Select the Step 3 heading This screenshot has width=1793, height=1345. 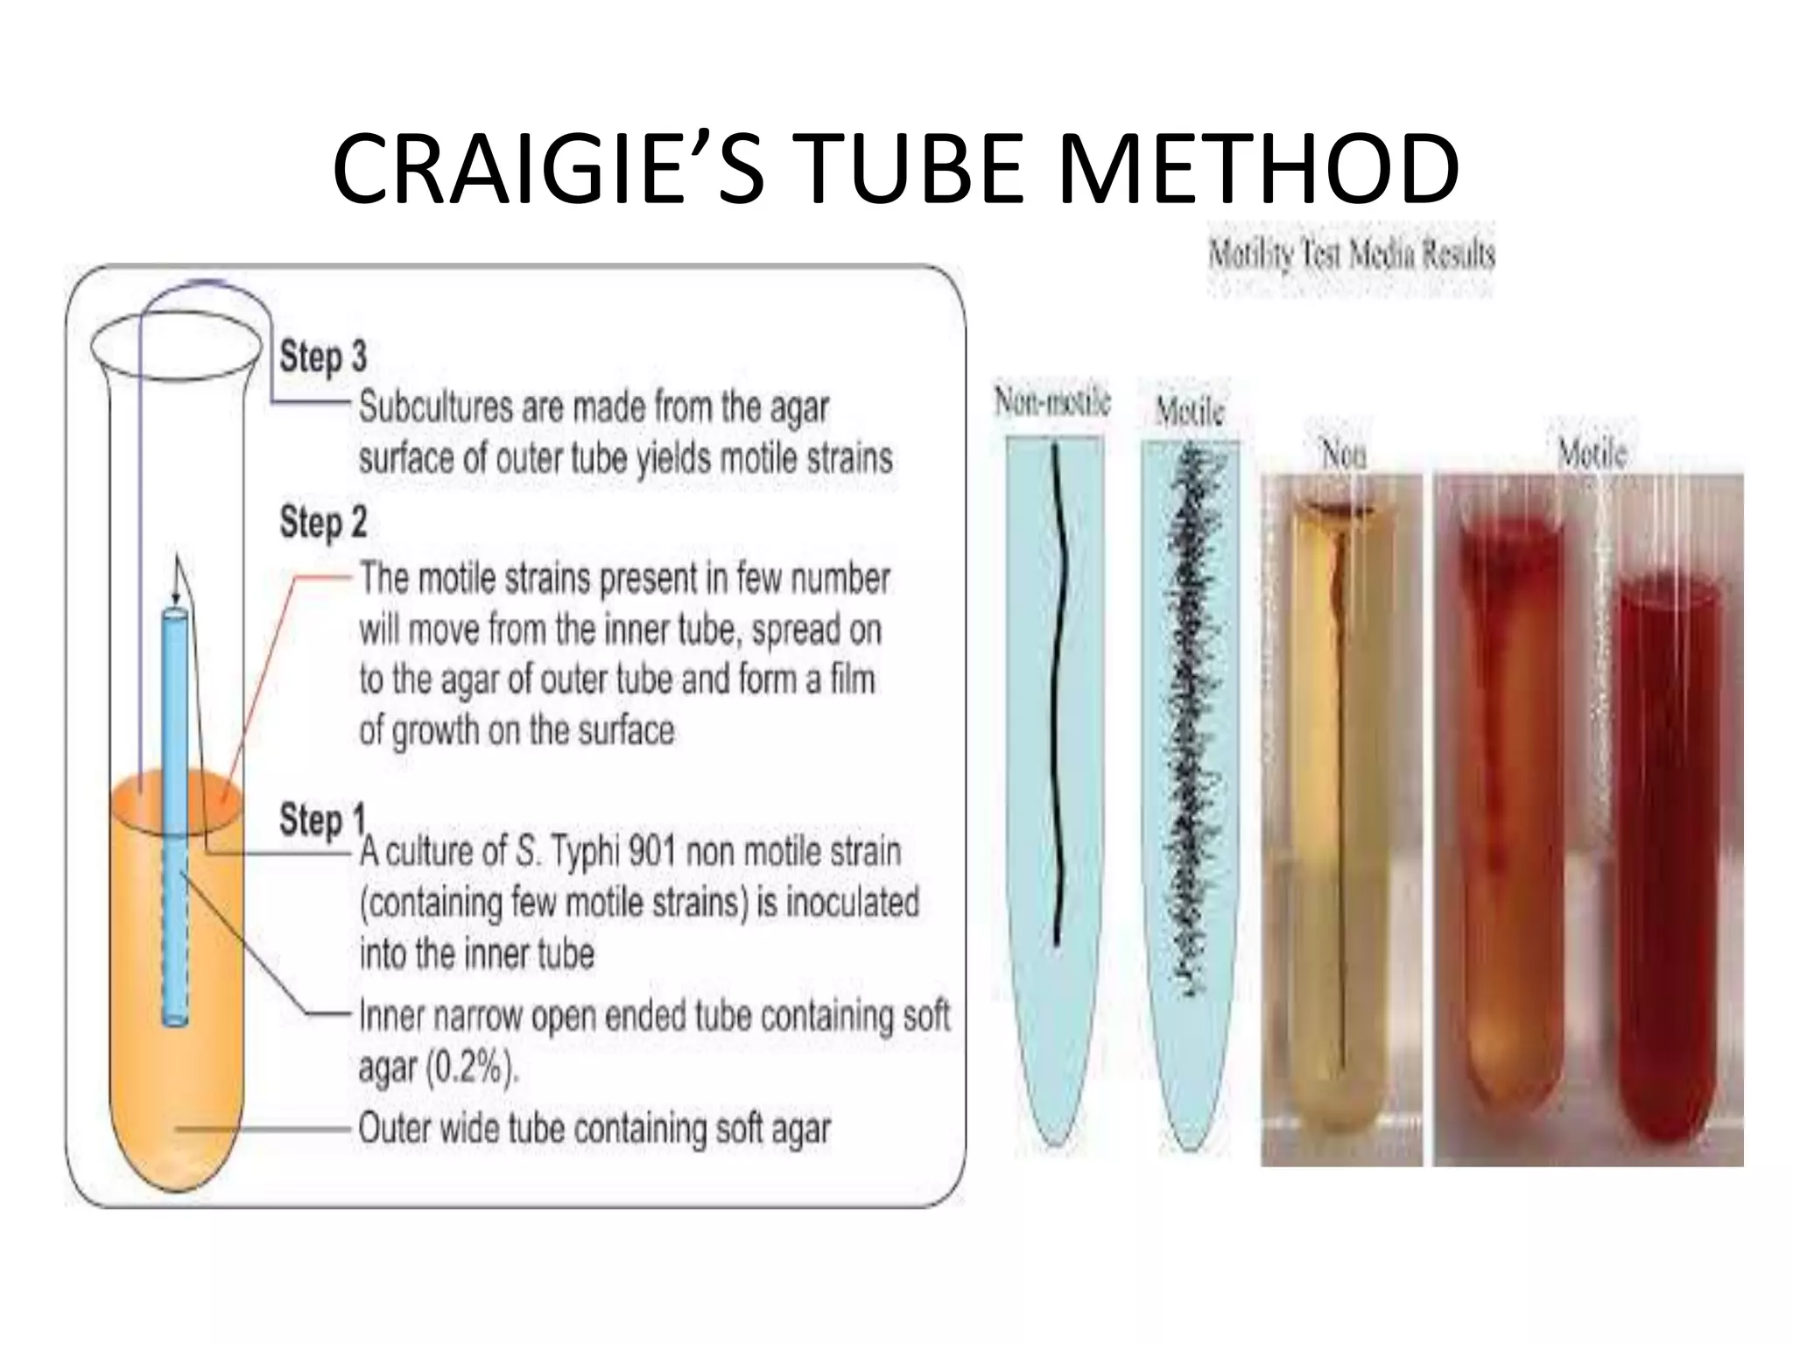[x=323, y=357]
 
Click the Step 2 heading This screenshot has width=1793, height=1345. [x=323, y=523]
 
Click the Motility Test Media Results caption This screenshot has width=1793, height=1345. [x=1351, y=255]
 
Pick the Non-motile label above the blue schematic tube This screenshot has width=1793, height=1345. [x=1052, y=402]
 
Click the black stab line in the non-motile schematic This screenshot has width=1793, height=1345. [x=1056, y=701]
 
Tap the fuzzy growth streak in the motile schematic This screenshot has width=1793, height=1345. [x=1188, y=718]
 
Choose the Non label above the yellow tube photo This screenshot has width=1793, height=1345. [x=1341, y=454]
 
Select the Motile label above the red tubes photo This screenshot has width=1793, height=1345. [x=1592, y=454]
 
